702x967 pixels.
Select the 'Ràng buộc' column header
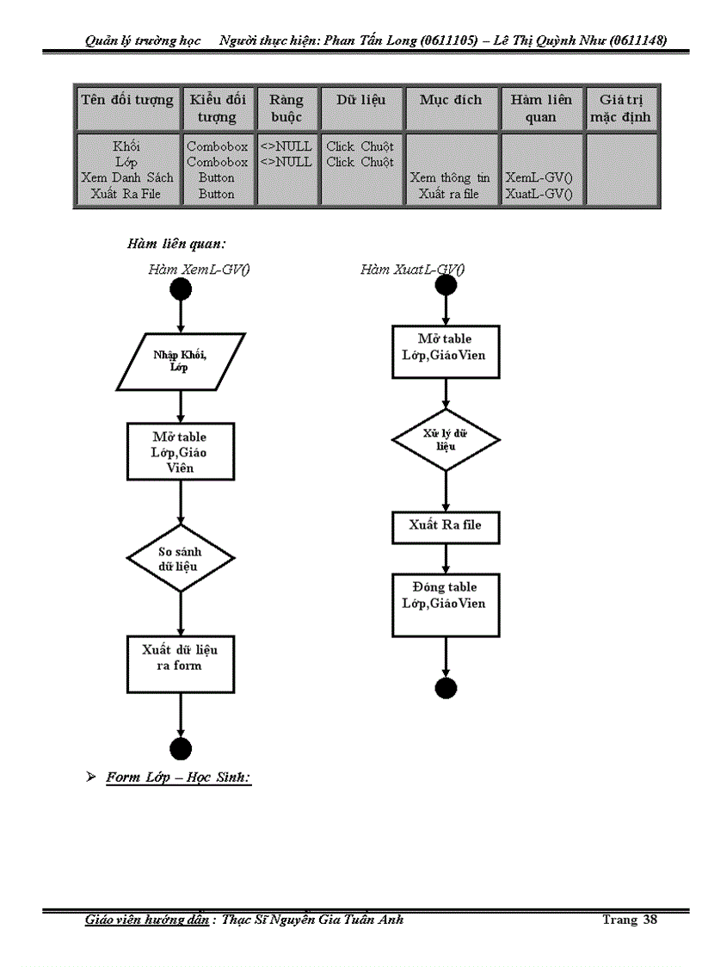coord(286,108)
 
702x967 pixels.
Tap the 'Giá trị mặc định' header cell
coord(620,108)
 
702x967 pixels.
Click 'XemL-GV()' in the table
coord(539,177)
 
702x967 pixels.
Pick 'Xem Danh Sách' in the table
coord(127,177)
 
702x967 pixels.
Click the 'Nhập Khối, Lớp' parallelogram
coord(180,362)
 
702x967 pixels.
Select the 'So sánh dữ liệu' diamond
coord(180,558)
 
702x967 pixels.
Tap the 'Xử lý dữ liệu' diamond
coord(445,440)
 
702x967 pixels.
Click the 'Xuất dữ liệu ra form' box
coord(180,664)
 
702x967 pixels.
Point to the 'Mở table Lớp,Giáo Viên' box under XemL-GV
coord(180,450)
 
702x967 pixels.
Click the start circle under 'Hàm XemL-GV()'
coord(180,289)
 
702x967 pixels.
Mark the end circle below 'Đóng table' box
coord(446,688)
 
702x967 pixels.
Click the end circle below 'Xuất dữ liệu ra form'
coord(181,748)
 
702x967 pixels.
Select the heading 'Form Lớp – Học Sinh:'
coord(178,778)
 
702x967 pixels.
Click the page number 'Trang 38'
coord(630,920)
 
